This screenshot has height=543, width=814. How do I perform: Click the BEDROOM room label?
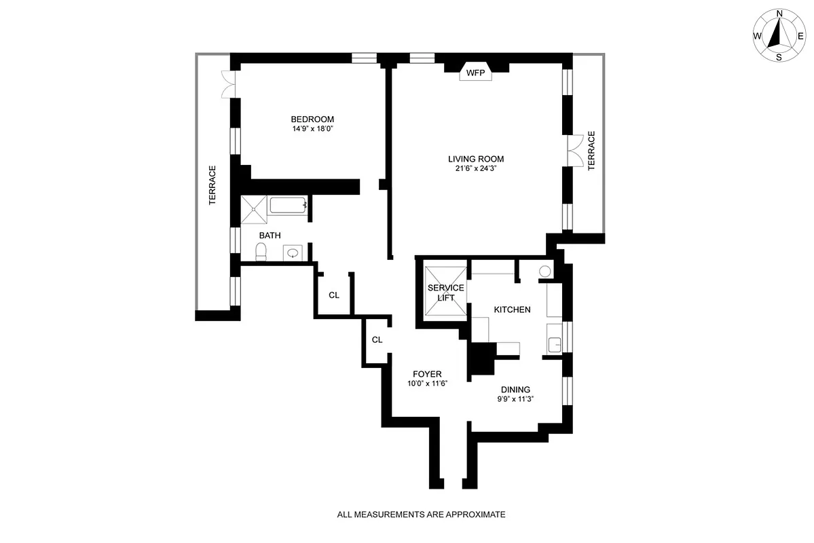point(312,119)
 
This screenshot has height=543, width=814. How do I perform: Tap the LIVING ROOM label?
point(476,160)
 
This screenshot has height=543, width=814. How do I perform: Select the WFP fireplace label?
point(475,73)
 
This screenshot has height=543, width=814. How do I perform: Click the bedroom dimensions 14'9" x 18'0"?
point(312,128)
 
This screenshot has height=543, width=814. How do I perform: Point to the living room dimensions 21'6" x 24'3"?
point(476,168)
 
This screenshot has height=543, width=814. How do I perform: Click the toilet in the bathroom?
point(260,252)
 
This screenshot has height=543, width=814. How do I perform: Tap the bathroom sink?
point(293,253)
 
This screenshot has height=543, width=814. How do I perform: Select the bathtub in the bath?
point(289,206)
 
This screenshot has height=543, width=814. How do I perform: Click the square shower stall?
point(253,208)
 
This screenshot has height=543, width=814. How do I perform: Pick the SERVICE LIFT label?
point(446,293)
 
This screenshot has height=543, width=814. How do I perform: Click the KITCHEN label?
point(512,310)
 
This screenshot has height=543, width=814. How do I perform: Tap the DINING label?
point(515,390)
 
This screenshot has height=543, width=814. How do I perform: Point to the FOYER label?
point(428,374)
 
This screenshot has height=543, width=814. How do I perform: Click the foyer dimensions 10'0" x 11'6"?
point(428,383)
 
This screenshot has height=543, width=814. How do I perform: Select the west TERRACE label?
point(212,185)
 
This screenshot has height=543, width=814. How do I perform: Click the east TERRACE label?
point(591,151)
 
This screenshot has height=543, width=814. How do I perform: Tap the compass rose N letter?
point(779,14)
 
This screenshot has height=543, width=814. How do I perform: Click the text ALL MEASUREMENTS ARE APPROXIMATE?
point(421,514)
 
